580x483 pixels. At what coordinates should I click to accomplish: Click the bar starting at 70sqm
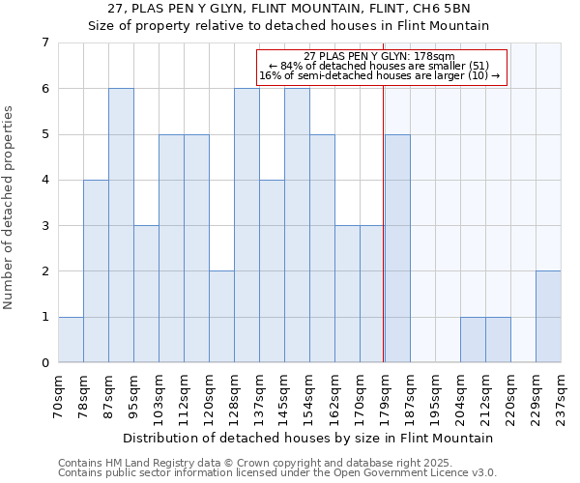(71, 339)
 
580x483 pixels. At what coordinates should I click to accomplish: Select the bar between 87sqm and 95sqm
(121, 225)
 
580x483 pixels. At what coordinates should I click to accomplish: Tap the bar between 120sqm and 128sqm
(221, 317)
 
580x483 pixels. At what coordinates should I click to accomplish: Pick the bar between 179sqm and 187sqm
(397, 248)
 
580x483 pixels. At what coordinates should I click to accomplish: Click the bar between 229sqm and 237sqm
(548, 317)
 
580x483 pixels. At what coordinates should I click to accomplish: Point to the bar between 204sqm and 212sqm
(473, 339)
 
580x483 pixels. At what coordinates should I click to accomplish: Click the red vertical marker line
(384, 213)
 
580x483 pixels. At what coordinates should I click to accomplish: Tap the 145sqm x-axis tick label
(285, 395)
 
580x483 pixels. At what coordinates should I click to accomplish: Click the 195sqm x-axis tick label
(436, 395)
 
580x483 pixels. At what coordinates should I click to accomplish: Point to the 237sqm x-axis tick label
(562, 395)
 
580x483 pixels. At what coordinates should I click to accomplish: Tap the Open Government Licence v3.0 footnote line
(277, 472)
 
